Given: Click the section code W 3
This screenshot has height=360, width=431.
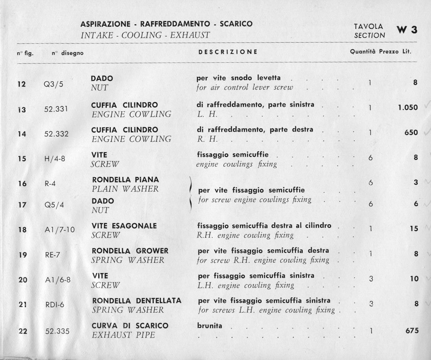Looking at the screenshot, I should point(406,30).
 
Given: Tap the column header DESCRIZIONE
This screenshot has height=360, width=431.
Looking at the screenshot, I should point(228,52).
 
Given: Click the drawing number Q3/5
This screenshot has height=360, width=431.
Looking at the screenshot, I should point(53,84).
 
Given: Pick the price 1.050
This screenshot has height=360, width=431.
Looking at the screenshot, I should point(408,107).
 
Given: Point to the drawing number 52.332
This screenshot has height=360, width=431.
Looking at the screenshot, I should point(56,134).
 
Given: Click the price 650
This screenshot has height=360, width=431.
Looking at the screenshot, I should point(411,132).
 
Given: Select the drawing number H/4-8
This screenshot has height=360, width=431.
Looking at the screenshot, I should point(55,159).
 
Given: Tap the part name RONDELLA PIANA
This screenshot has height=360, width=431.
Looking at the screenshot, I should point(125,180).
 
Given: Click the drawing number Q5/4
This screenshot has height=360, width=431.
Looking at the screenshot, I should point(53,206).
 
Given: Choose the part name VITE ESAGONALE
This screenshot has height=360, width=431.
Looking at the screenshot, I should point(124,226).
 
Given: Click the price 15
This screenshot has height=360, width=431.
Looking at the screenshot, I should point(414,229).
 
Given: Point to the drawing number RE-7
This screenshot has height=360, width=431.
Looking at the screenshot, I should point(53,255).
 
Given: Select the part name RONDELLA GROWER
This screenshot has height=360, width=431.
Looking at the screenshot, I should point(130,251).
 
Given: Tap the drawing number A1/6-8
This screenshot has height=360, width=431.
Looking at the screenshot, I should point(58,280).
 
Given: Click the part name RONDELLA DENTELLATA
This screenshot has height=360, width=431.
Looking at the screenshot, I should point(137,301).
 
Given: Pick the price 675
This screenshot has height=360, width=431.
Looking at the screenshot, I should point(412,330).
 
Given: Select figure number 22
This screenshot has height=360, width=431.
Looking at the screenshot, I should point(23,331).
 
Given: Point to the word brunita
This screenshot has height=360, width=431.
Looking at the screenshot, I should point(210,326).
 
